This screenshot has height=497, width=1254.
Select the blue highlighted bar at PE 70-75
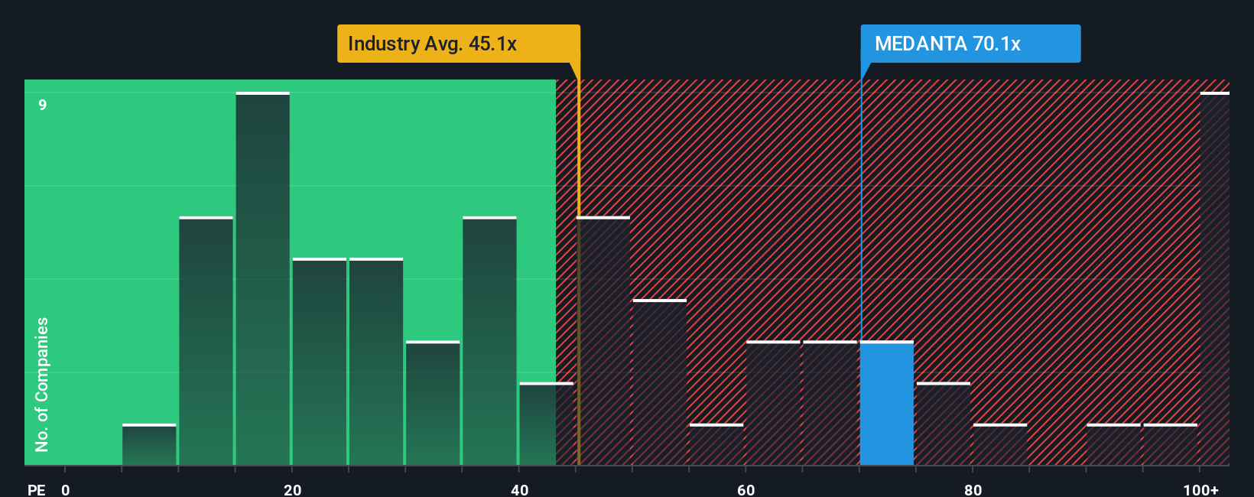[x=887, y=404]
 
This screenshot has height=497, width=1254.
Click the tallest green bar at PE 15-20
[x=263, y=279]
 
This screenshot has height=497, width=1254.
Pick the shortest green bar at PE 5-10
[x=149, y=445]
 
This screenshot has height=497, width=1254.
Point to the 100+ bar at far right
[x=1214, y=279]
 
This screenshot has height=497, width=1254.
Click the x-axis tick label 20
[x=292, y=489]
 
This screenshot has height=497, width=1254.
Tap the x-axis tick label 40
[x=519, y=489]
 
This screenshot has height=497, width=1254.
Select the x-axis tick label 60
[x=746, y=489]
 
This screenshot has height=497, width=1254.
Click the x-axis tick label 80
[x=973, y=489]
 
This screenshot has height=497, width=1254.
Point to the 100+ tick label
[x=1200, y=489]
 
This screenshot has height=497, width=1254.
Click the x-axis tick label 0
[x=66, y=489]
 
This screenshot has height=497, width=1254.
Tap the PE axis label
[x=36, y=489]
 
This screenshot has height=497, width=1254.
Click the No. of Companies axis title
[x=42, y=384]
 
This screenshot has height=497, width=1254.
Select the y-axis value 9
[x=43, y=105]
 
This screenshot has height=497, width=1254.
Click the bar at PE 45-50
[x=603, y=342]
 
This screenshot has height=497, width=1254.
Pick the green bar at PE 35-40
[x=489, y=342]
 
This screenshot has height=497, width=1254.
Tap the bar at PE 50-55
[x=660, y=382]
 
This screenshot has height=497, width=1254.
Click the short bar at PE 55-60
[x=716, y=445]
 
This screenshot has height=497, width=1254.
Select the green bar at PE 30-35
[x=433, y=404]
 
